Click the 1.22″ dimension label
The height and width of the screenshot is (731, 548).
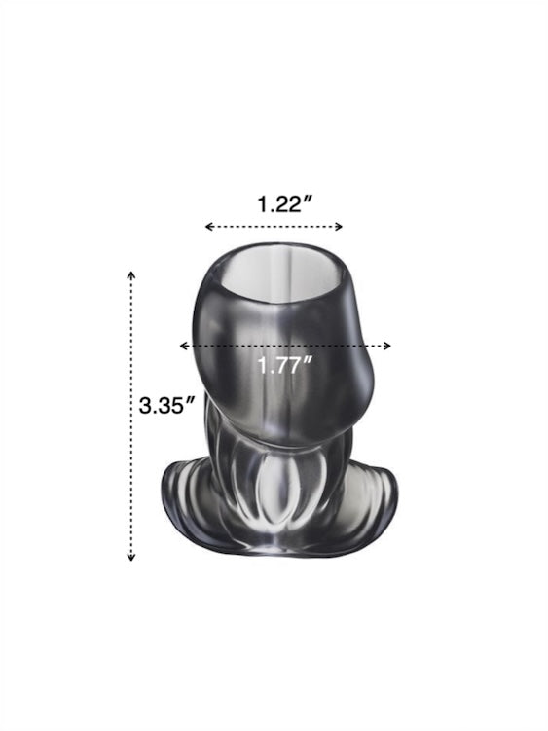tap(285, 204)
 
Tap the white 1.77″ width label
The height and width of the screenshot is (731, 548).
tap(285, 365)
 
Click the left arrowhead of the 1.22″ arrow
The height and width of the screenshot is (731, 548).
tap(209, 227)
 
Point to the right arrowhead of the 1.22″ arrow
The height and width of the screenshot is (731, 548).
tap(339, 227)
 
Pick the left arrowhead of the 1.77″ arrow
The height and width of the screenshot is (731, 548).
tap(184, 346)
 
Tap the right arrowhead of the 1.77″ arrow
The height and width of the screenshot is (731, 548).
tap(387, 346)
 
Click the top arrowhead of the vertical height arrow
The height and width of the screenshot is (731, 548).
tap(131, 274)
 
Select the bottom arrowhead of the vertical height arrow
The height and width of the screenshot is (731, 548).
tap(131, 556)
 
